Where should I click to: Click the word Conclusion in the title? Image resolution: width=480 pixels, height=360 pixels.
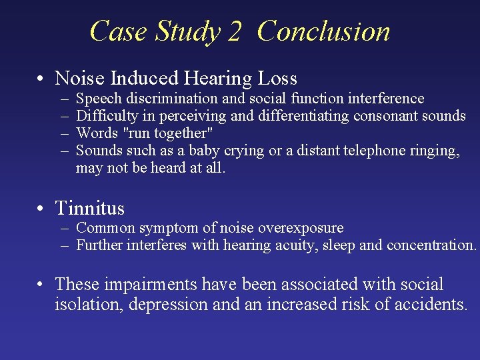pyautogui.click(x=323, y=31)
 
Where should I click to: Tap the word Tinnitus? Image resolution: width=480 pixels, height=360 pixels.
pyautogui.click(x=89, y=208)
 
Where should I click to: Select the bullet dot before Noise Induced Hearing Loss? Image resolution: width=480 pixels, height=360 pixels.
pyautogui.click(x=41, y=79)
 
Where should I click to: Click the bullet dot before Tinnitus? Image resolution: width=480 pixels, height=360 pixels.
pyautogui.click(x=41, y=209)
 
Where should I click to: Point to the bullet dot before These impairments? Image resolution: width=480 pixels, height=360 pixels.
pyautogui.click(x=41, y=285)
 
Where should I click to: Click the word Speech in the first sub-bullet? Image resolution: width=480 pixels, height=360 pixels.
pyautogui.click(x=95, y=99)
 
